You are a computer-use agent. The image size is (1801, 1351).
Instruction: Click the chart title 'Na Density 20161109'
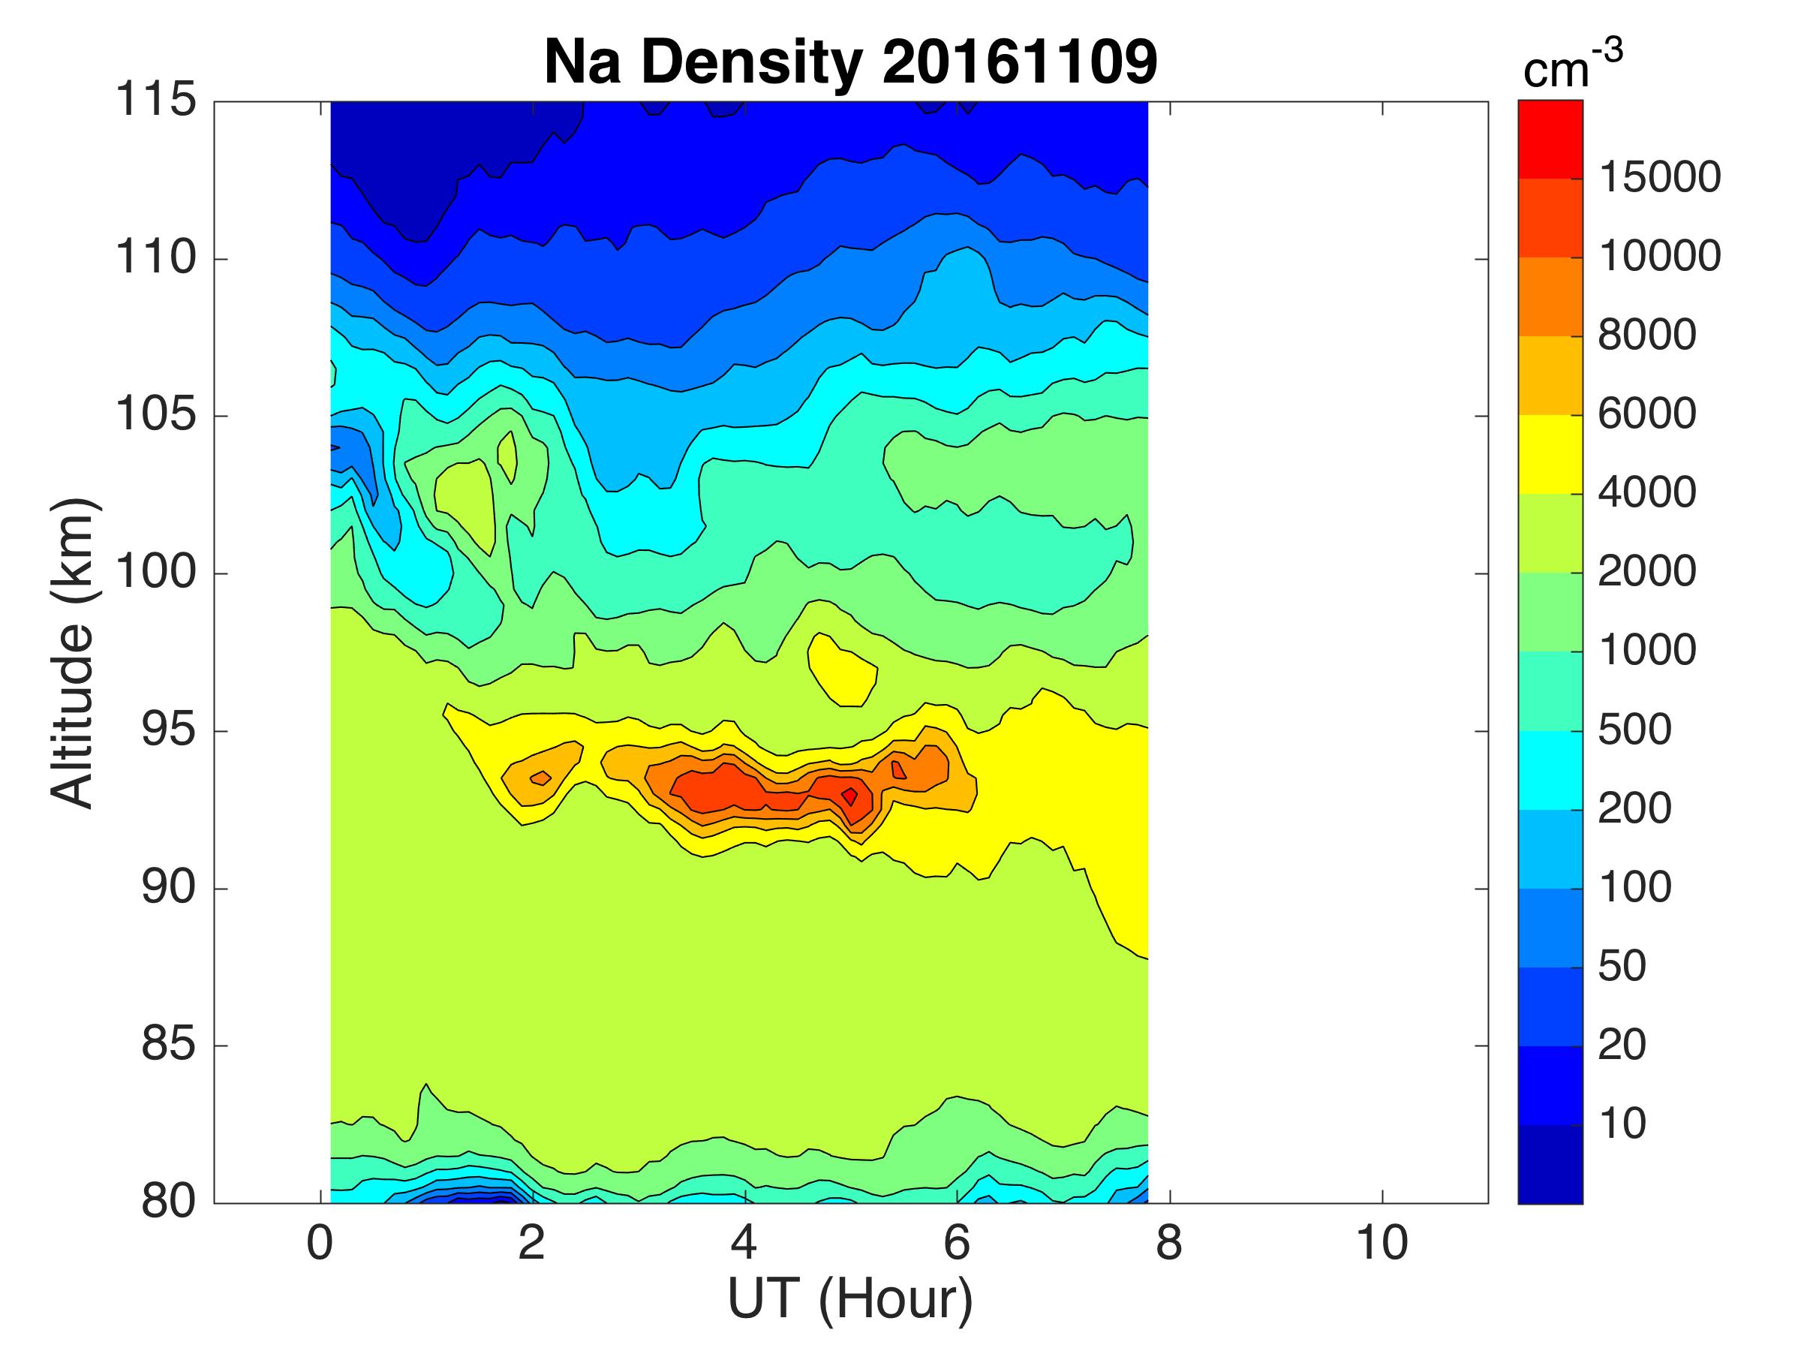tap(850, 63)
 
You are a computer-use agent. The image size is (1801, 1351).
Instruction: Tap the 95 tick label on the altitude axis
tap(169, 730)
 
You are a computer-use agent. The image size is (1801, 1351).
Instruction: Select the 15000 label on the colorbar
tap(1659, 178)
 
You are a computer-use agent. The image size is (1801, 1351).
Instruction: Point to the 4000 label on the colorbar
tap(1646, 492)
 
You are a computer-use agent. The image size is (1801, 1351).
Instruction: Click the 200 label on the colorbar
tap(1634, 808)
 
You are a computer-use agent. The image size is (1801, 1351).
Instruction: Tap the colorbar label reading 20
tap(1622, 1045)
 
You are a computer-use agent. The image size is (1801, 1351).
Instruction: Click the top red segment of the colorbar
tap(1550, 138)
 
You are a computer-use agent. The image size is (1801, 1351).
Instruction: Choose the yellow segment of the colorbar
tap(1550, 454)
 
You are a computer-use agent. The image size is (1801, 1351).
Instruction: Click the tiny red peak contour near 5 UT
tap(849, 796)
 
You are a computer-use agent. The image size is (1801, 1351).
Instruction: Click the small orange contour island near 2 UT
tap(540, 778)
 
